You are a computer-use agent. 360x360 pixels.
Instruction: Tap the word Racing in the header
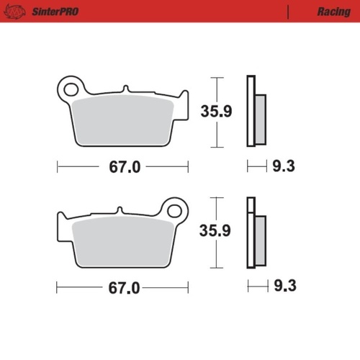click(x=333, y=12)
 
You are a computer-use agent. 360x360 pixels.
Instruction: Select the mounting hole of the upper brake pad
click(x=71, y=89)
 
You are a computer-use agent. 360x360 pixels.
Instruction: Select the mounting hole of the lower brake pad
click(x=174, y=210)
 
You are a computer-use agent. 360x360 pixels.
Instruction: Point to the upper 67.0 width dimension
click(x=125, y=167)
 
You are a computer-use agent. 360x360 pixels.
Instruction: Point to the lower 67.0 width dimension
click(x=125, y=287)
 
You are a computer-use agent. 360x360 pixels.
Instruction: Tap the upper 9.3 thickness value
click(x=284, y=167)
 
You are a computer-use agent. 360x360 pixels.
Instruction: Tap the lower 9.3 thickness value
click(x=284, y=287)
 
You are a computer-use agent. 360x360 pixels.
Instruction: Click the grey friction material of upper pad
click(x=122, y=119)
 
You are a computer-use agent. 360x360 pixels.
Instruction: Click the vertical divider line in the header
click(x=288, y=12)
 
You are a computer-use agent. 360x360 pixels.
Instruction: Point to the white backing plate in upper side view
click(x=251, y=112)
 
